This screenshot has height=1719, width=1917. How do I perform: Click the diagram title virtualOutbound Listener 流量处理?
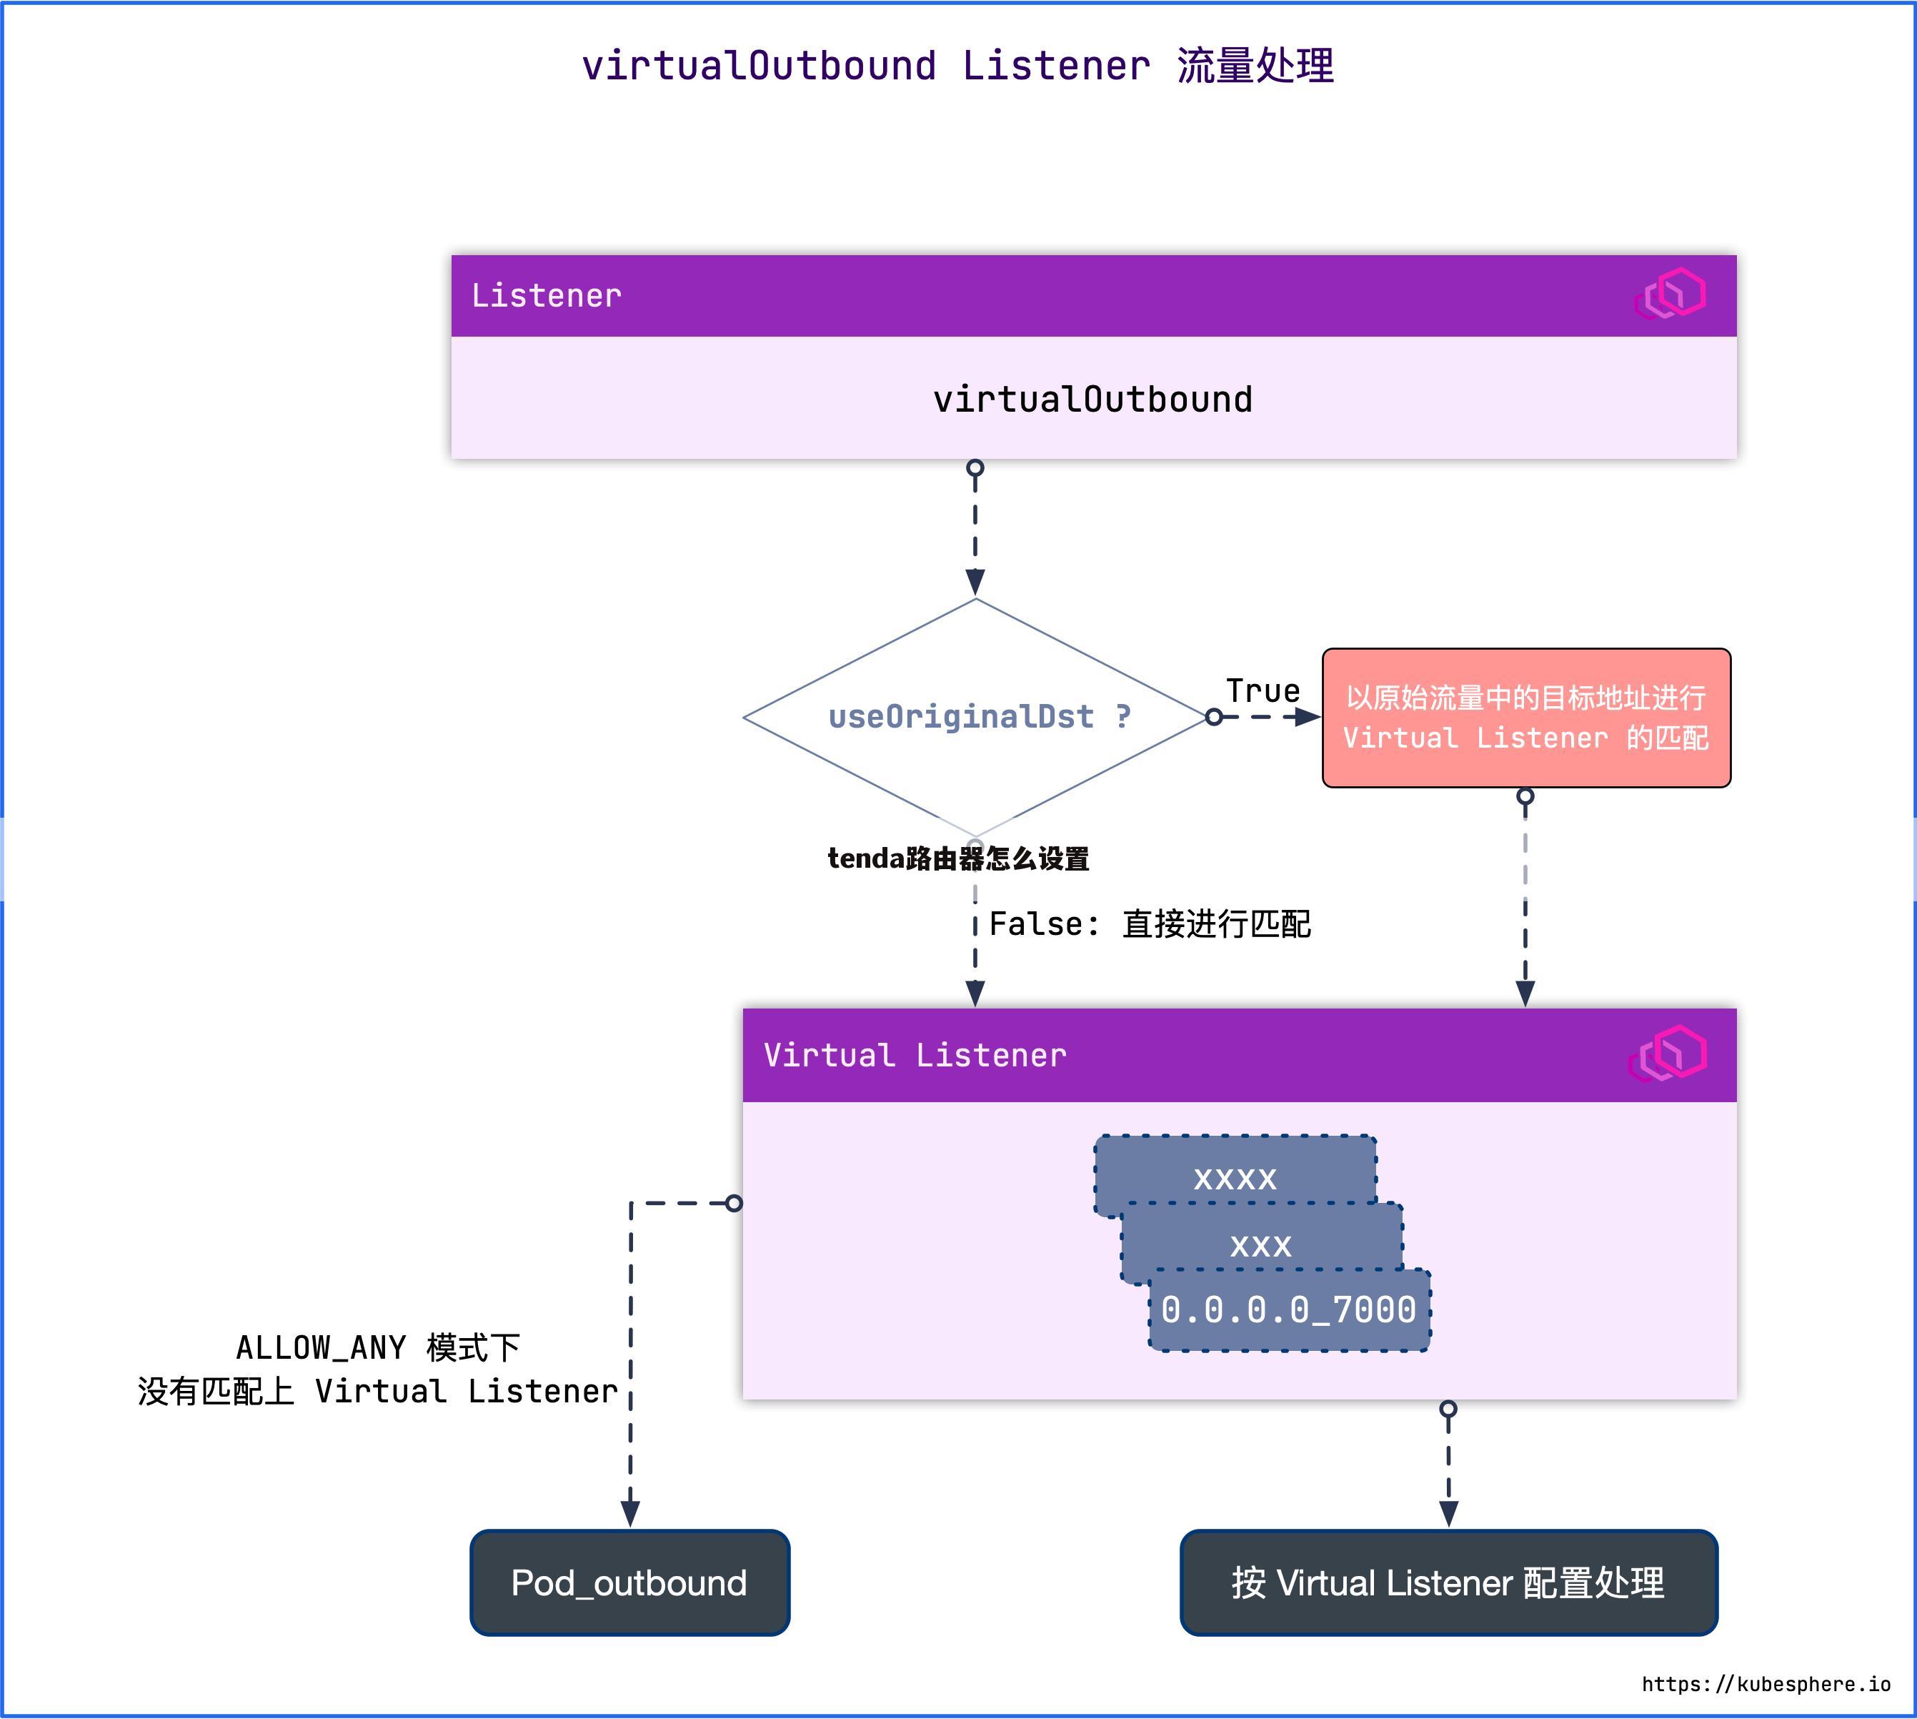tap(957, 66)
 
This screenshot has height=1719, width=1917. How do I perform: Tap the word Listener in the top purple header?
tap(546, 296)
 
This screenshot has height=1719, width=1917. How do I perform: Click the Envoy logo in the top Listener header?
tap(1670, 294)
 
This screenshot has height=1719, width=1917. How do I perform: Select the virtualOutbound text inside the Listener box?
tap(1092, 400)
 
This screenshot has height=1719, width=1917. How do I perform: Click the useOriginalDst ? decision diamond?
tap(975, 717)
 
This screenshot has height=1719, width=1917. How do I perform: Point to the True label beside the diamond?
tap(1262, 690)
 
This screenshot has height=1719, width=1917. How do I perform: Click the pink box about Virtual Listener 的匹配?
tap(1525, 718)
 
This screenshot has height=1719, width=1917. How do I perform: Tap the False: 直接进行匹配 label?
tap(1149, 923)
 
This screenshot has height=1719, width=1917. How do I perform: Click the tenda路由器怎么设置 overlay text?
tap(957, 858)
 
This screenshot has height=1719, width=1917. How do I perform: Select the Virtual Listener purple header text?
tap(914, 1055)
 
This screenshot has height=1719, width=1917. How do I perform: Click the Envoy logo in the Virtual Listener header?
tap(1668, 1053)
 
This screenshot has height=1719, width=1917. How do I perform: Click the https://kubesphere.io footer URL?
tap(1765, 1684)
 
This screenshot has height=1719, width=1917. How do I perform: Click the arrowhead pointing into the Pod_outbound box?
tap(630, 1513)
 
